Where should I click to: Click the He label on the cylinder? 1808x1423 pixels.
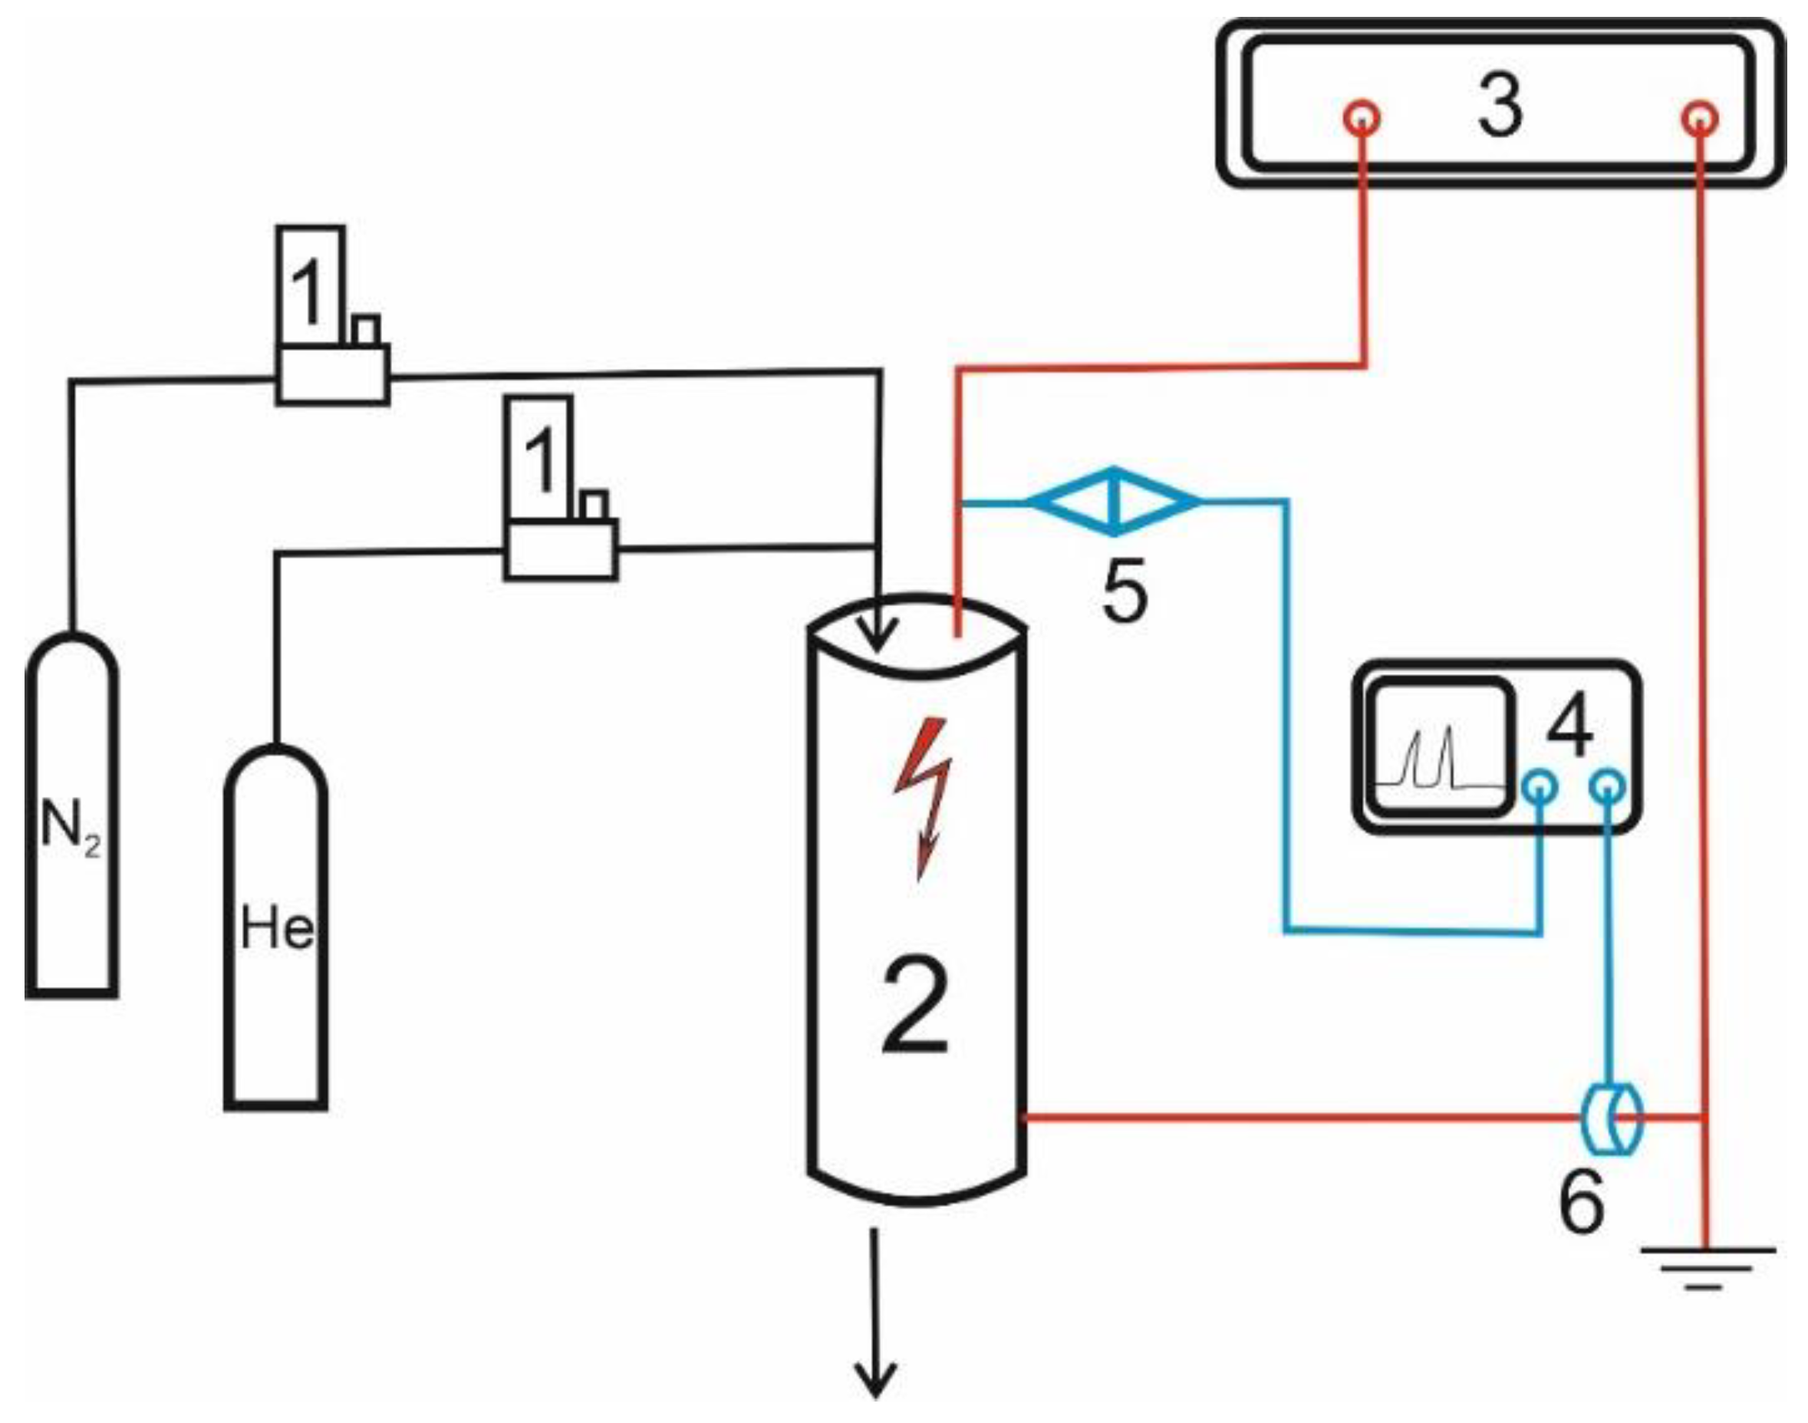(277, 928)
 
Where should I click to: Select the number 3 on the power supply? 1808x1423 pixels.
(1500, 107)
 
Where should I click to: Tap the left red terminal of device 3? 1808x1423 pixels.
(1362, 118)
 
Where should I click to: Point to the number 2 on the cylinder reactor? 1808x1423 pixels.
(915, 1006)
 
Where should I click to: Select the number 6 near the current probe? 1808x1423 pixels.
(1580, 1203)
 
